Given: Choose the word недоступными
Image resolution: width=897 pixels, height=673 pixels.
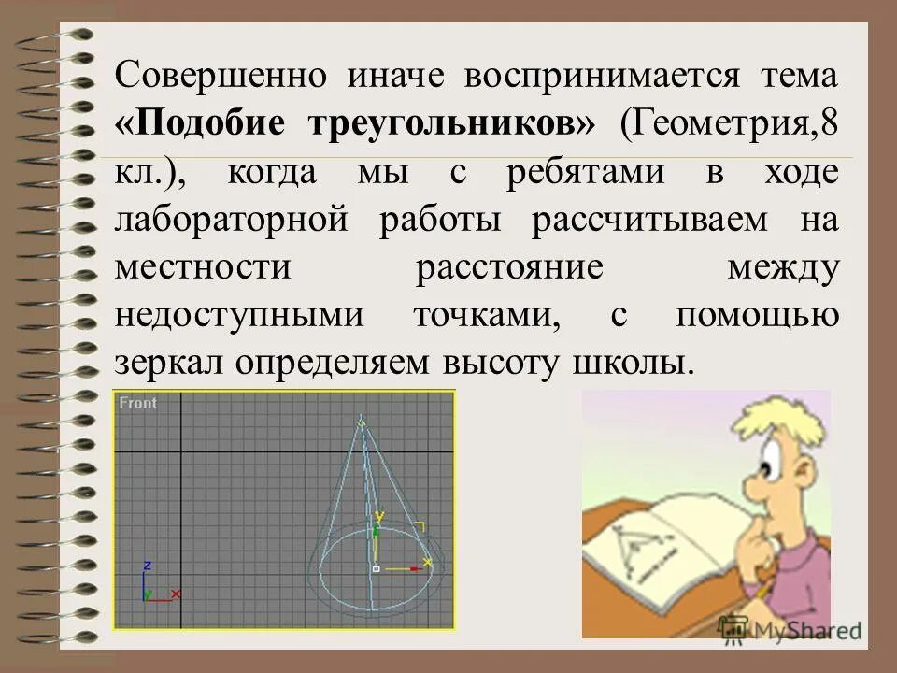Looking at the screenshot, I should point(238,316).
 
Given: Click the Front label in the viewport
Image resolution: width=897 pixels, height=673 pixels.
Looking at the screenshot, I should point(138,403).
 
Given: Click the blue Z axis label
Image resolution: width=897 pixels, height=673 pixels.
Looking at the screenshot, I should point(148,566).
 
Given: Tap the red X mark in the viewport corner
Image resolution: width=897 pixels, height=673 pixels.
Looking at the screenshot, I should point(176,594).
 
